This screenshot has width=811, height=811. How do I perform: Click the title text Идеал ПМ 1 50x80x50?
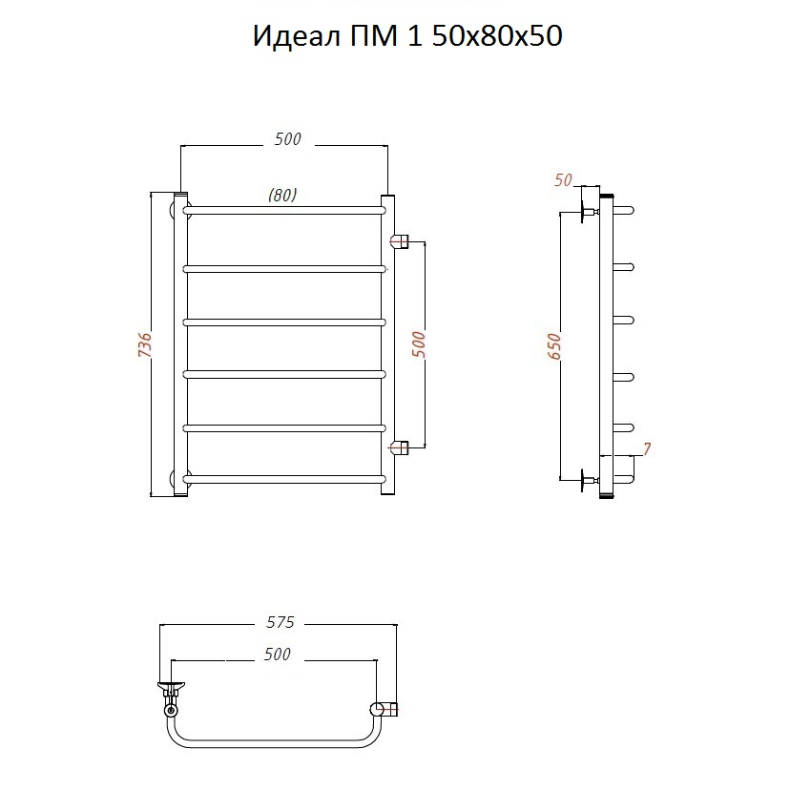(407, 36)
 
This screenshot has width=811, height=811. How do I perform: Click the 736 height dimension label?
(145, 345)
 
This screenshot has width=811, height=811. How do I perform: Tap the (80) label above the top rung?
(282, 195)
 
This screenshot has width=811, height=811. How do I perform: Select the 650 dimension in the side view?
(553, 346)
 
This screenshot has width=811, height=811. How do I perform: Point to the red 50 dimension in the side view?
(563, 180)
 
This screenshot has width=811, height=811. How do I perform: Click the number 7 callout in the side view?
(647, 448)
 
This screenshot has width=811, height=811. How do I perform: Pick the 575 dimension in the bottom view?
(280, 622)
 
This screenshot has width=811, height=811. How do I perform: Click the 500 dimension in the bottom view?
(278, 655)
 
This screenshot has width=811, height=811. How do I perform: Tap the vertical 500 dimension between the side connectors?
(419, 345)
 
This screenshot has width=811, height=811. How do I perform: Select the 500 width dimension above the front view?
(287, 139)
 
